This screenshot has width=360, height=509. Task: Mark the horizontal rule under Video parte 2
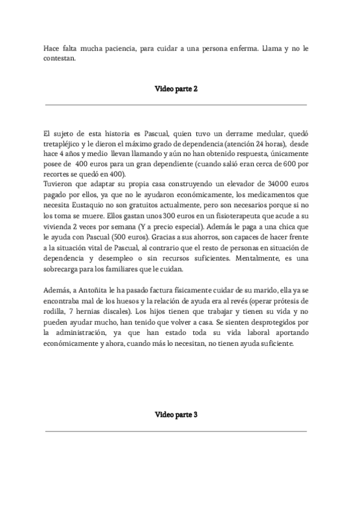tap(176, 105)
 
